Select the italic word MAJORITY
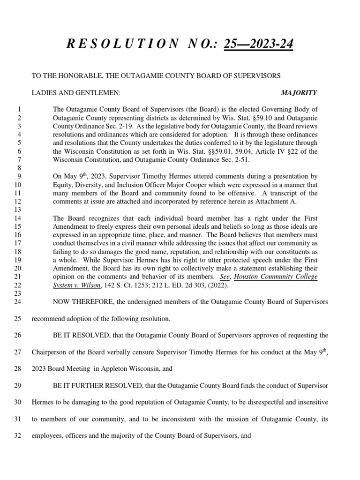[x=299, y=93]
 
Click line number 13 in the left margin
[x=18, y=210]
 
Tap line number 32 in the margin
[x=18, y=435]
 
